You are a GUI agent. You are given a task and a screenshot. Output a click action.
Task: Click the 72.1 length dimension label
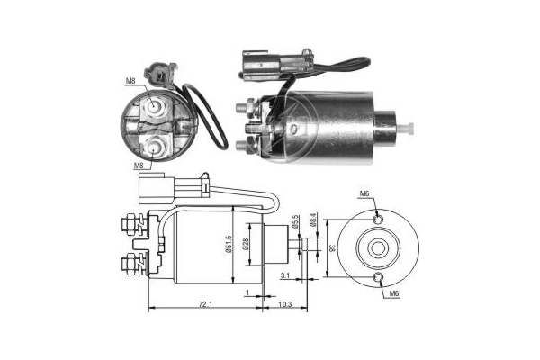coord(205,304)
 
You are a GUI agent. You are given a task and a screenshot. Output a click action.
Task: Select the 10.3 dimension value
coord(284,304)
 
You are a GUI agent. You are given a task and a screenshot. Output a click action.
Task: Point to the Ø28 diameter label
coord(245,244)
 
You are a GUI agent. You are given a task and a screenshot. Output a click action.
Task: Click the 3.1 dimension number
coord(284,275)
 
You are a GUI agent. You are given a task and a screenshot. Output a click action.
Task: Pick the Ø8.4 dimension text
coord(312,220)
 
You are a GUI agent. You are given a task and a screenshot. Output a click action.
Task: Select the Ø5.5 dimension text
coord(294,221)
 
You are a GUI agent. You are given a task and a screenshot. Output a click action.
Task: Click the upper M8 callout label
coord(130,81)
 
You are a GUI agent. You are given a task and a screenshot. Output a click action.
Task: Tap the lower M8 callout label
coord(139,166)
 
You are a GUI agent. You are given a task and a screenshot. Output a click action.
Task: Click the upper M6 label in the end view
coord(364,193)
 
